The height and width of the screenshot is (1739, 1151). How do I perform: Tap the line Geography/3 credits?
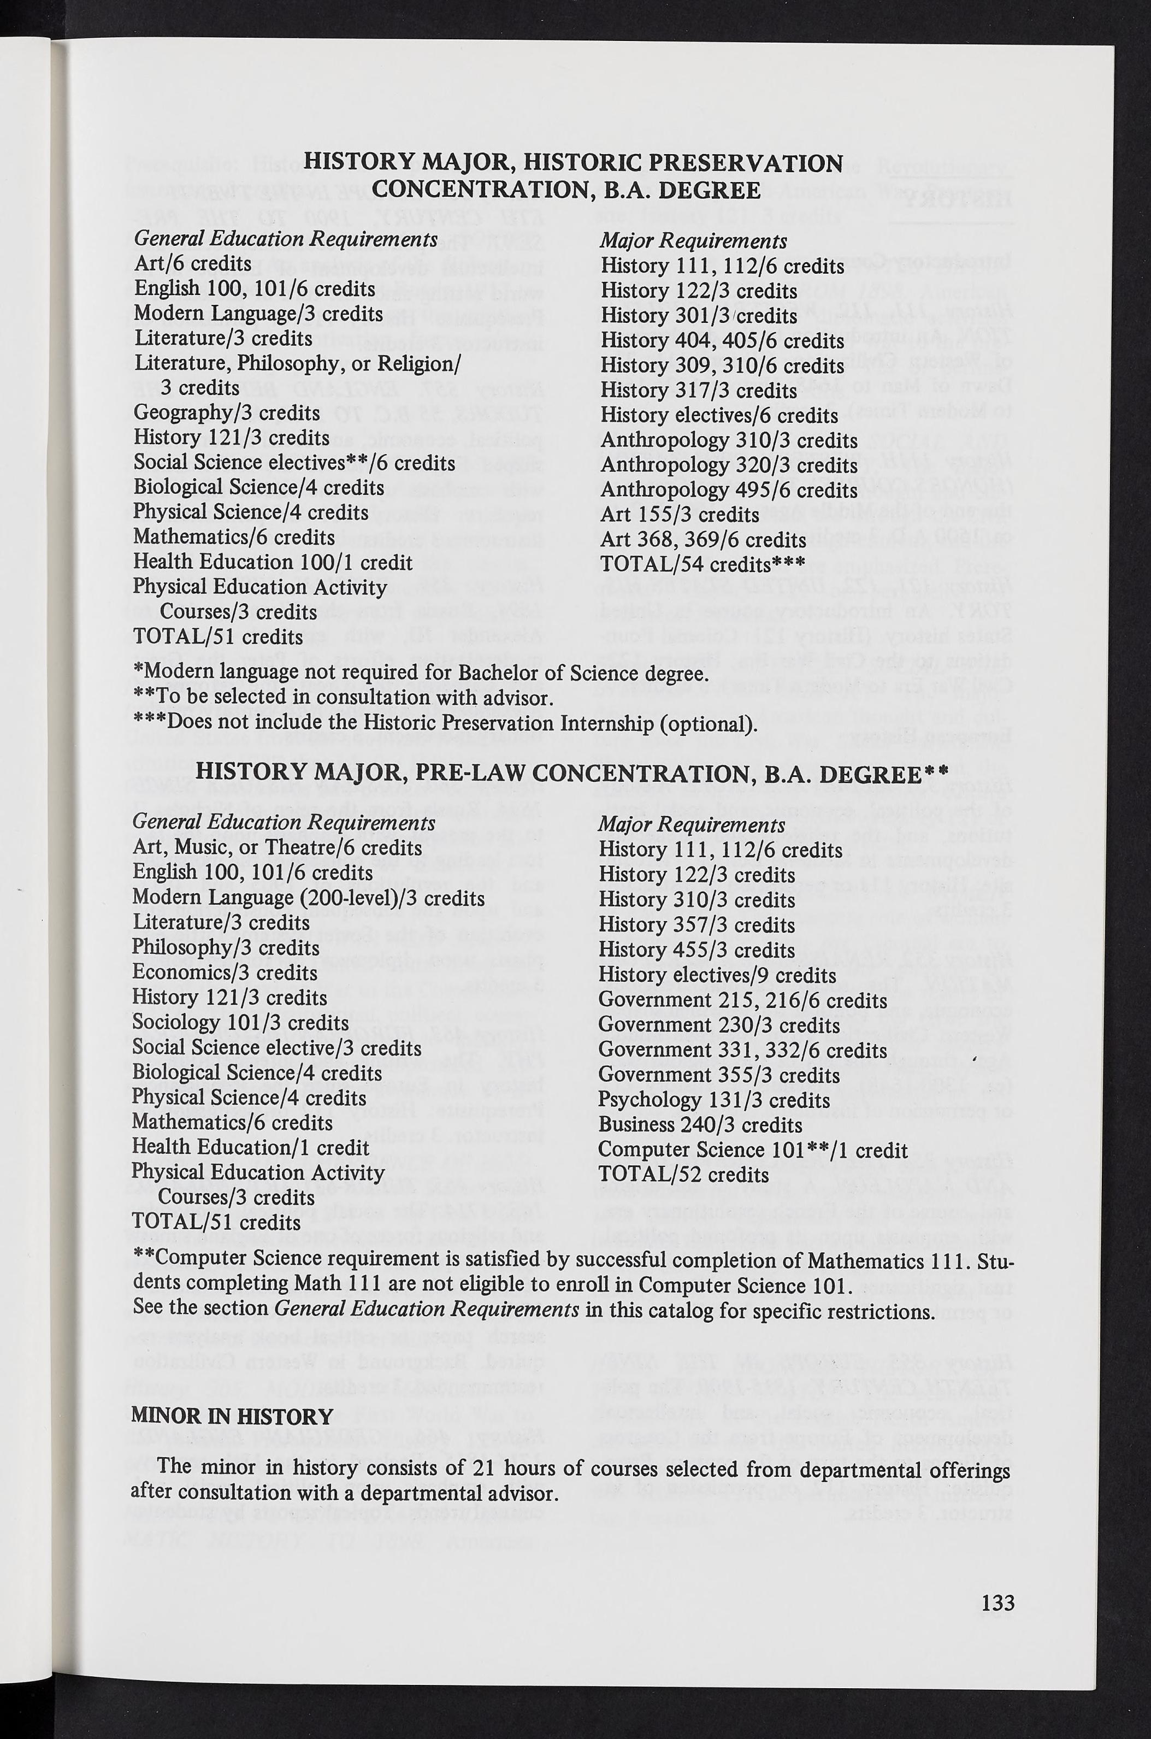click(x=227, y=412)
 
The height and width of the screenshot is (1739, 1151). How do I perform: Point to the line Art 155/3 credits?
click(x=679, y=515)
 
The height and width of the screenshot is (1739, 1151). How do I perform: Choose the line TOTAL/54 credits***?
click(x=703, y=564)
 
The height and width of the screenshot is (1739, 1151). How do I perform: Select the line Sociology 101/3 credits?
click(x=240, y=1023)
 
